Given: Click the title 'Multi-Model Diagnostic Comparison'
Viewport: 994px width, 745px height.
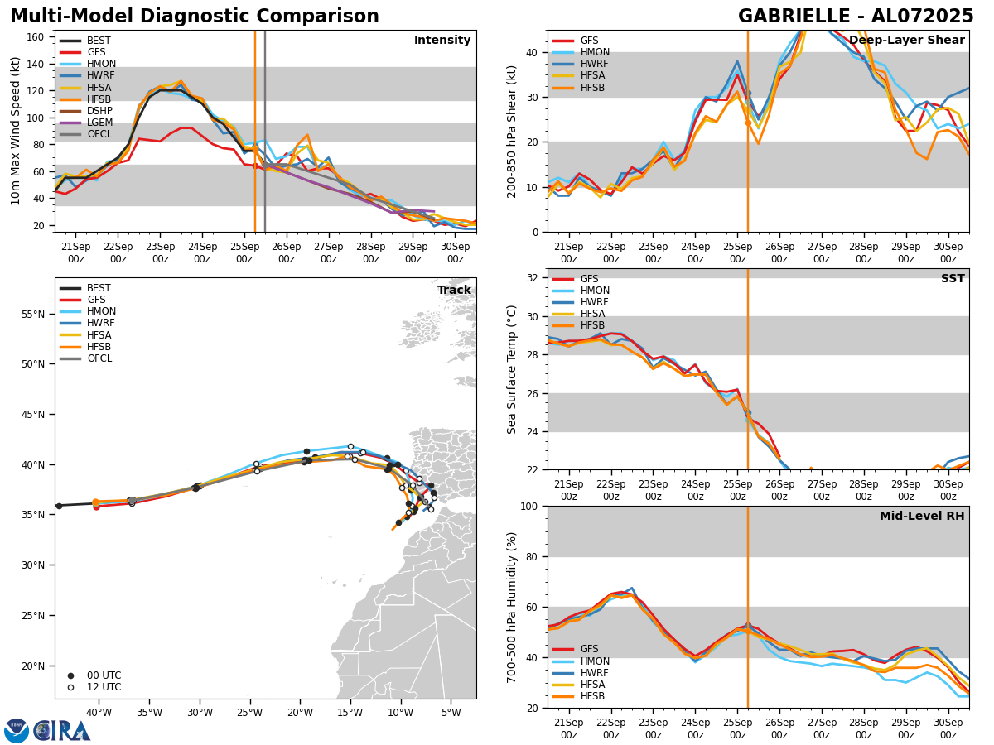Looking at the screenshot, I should (x=194, y=17).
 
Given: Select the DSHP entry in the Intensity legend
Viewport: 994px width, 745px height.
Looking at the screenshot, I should (x=99, y=111).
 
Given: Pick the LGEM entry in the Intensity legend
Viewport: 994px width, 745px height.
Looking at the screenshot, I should (x=99, y=123).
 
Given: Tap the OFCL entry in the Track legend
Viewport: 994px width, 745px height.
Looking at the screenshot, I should (x=99, y=358).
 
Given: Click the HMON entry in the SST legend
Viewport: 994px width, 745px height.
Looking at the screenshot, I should (x=594, y=291).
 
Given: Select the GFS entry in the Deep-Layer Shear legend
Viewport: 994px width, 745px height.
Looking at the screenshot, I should (x=589, y=41).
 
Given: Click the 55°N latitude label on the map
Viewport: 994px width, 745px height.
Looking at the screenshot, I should (x=34, y=314).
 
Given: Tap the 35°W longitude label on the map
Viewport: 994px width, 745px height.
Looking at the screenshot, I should (x=149, y=713).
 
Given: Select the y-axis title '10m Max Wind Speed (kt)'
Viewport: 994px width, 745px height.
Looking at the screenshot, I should (x=15, y=131).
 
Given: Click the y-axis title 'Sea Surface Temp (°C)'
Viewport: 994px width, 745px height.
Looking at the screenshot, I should (x=512, y=369).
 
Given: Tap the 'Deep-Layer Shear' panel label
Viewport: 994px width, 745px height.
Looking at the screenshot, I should (x=906, y=41).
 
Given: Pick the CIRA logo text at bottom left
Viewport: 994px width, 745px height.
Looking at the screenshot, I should (x=61, y=730).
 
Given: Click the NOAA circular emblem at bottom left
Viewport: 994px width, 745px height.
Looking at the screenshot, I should (x=17, y=730).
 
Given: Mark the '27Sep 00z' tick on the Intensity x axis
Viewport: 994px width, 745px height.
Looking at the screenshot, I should (x=328, y=252).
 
